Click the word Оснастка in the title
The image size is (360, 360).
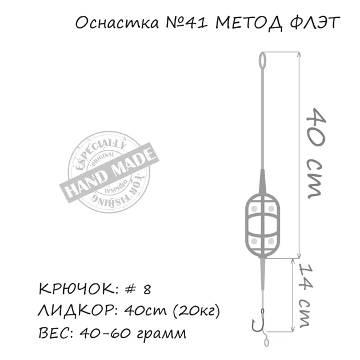[110, 25]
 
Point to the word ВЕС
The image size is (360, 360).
[54, 333]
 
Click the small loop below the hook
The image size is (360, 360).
[267, 342]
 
